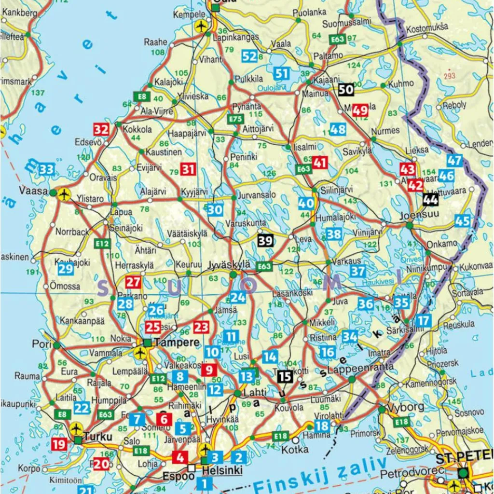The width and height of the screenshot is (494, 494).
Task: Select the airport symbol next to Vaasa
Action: click(64, 193)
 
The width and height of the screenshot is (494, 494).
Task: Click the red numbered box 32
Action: click(101, 129)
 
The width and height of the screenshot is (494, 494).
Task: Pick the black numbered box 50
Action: click(346, 89)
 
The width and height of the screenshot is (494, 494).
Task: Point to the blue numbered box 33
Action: click(46, 169)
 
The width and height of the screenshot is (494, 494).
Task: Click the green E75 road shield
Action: click(235, 119)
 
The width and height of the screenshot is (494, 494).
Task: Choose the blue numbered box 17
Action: click(423, 320)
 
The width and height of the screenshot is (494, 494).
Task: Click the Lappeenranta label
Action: click(355, 369)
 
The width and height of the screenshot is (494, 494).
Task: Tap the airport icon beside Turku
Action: click(76, 428)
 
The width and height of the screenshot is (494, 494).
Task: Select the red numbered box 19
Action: click(59, 444)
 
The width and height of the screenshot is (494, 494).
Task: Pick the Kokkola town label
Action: click(137, 129)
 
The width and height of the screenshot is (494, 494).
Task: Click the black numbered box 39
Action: click(266, 240)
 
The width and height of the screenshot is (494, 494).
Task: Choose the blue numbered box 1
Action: click(204, 482)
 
